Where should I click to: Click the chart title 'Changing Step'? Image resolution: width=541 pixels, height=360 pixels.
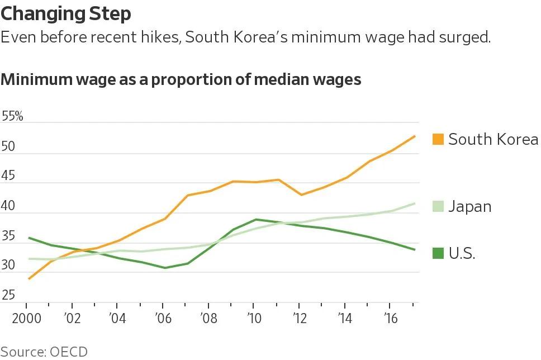click(x=66, y=14)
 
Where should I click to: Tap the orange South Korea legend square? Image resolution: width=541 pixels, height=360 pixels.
click(x=438, y=139)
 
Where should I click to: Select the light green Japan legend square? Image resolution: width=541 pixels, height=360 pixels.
click(x=438, y=206)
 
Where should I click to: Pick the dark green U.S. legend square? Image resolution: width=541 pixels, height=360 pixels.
click(x=438, y=253)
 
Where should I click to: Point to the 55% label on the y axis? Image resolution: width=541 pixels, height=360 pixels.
click(x=12, y=116)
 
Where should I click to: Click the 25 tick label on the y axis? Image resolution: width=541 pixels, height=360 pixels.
click(x=8, y=295)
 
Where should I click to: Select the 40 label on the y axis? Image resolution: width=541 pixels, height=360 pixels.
click(x=8, y=206)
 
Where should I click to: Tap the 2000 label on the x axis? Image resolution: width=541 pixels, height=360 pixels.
click(x=27, y=318)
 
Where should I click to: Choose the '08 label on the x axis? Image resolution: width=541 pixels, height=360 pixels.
click(x=208, y=318)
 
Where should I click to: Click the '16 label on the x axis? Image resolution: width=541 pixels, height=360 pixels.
click(x=390, y=318)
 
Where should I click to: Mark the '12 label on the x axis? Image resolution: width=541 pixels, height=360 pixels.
click(x=299, y=318)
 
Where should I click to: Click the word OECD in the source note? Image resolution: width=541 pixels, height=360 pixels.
click(x=69, y=352)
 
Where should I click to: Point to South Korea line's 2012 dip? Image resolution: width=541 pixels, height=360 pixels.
click(x=302, y=195)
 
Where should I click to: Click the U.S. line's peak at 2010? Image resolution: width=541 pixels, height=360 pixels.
click(x=255, y=219)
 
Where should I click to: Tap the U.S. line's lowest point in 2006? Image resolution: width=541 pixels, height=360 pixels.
click(x=165, y=268)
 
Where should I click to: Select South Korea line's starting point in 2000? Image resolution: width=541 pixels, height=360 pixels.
click(x=29, y=278)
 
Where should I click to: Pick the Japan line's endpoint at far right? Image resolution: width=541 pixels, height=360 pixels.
click(x=415, y=203)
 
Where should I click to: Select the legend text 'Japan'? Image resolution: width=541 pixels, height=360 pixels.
click(x=470, y=207)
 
